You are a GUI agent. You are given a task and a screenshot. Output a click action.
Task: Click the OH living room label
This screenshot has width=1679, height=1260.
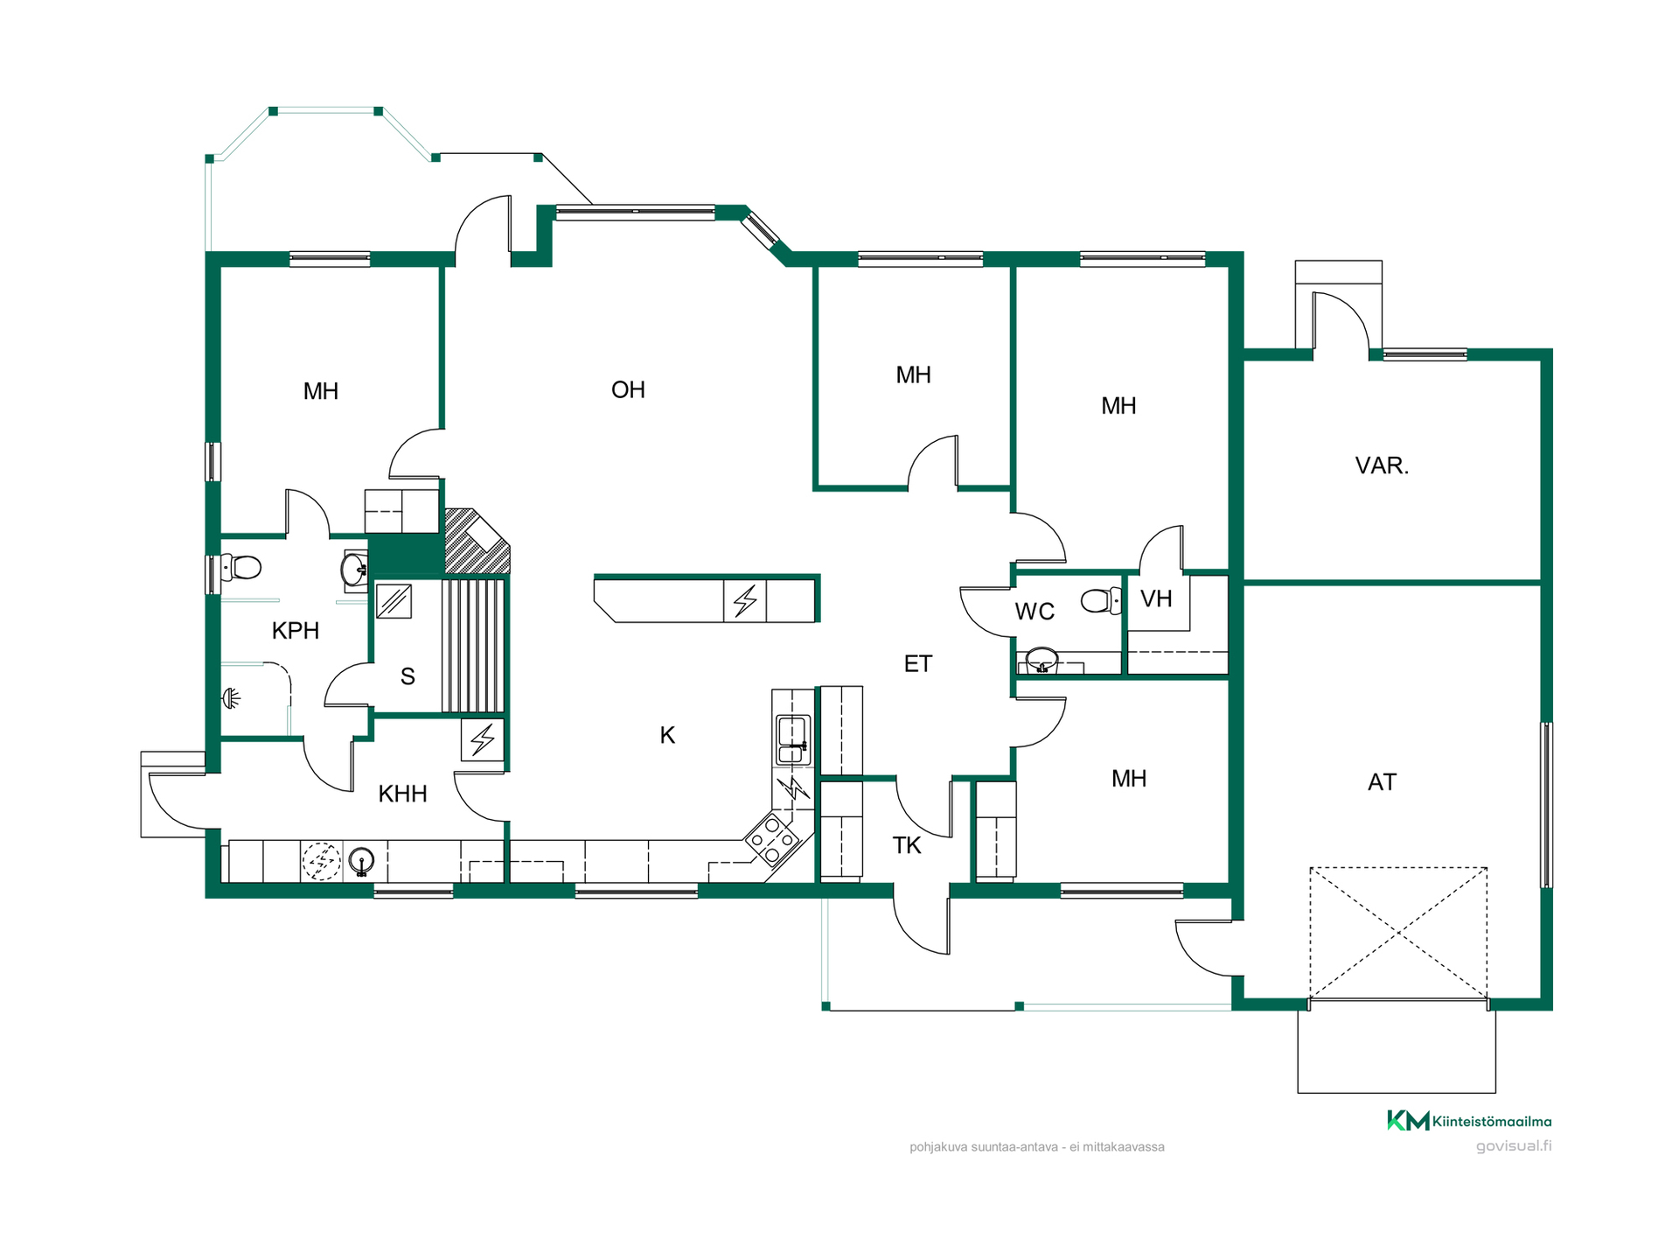628,390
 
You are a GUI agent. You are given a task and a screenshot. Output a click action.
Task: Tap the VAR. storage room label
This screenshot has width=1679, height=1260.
1382,465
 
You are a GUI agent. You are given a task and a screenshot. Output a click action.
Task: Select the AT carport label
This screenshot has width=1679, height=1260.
1382,782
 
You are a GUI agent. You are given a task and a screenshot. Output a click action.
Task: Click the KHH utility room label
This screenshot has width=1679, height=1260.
402,794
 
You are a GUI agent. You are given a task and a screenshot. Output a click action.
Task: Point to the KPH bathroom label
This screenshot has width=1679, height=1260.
296,631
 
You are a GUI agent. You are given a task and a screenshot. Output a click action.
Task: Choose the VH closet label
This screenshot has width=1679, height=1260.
1156,599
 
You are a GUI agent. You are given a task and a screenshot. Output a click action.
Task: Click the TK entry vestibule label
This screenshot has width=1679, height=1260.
907,846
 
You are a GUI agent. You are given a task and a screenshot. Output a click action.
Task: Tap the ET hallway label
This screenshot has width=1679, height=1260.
918,664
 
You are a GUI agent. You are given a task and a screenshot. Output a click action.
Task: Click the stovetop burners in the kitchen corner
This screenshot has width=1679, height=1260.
772,838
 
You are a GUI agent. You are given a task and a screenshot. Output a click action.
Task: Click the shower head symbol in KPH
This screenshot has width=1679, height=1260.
231,698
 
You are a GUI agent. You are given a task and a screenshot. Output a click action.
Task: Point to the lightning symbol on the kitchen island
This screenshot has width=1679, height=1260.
745,601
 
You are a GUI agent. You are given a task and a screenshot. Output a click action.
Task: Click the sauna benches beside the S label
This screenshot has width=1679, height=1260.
473,645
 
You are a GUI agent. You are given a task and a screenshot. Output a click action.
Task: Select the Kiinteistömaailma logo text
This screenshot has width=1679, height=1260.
1492,1122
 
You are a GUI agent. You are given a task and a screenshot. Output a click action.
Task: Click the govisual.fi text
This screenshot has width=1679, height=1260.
1514,1146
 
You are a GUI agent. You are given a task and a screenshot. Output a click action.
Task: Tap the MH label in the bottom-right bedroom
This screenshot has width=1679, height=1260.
1129,779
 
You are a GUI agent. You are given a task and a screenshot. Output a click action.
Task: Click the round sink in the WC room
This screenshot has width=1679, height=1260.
1042,659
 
